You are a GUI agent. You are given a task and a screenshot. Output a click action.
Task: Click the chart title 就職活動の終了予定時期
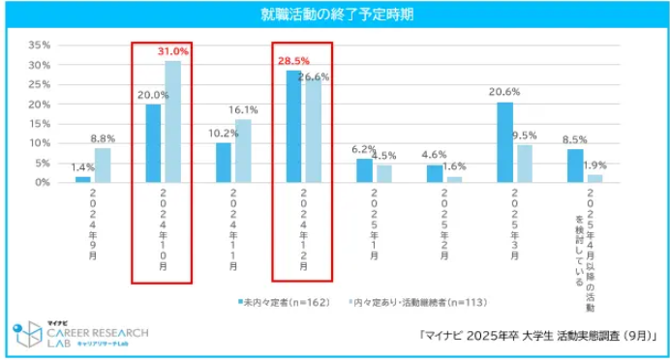(334, 15)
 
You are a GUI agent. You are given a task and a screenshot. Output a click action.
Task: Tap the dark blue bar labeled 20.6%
(505, 142)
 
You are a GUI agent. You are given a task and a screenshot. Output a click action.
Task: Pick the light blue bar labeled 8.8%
(103, 165)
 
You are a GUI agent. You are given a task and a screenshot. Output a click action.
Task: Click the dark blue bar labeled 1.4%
(83, 179)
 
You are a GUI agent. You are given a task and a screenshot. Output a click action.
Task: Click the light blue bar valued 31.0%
(172, 122)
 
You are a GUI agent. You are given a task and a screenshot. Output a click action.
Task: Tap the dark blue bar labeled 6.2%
(364, 170)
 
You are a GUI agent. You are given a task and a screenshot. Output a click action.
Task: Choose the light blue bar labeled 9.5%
(524, 164)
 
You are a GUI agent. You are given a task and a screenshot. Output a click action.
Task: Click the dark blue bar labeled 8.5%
(575, 165)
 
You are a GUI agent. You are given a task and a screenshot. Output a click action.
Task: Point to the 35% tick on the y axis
(39, 45)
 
